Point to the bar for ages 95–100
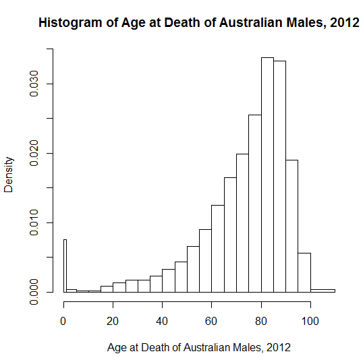[304, 272]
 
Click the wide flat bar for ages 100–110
[323, 291]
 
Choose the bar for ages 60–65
[218, 249]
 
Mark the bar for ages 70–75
[242, 223]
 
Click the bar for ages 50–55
[193, 269]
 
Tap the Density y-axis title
[9, 176]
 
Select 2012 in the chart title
[345, 22]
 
